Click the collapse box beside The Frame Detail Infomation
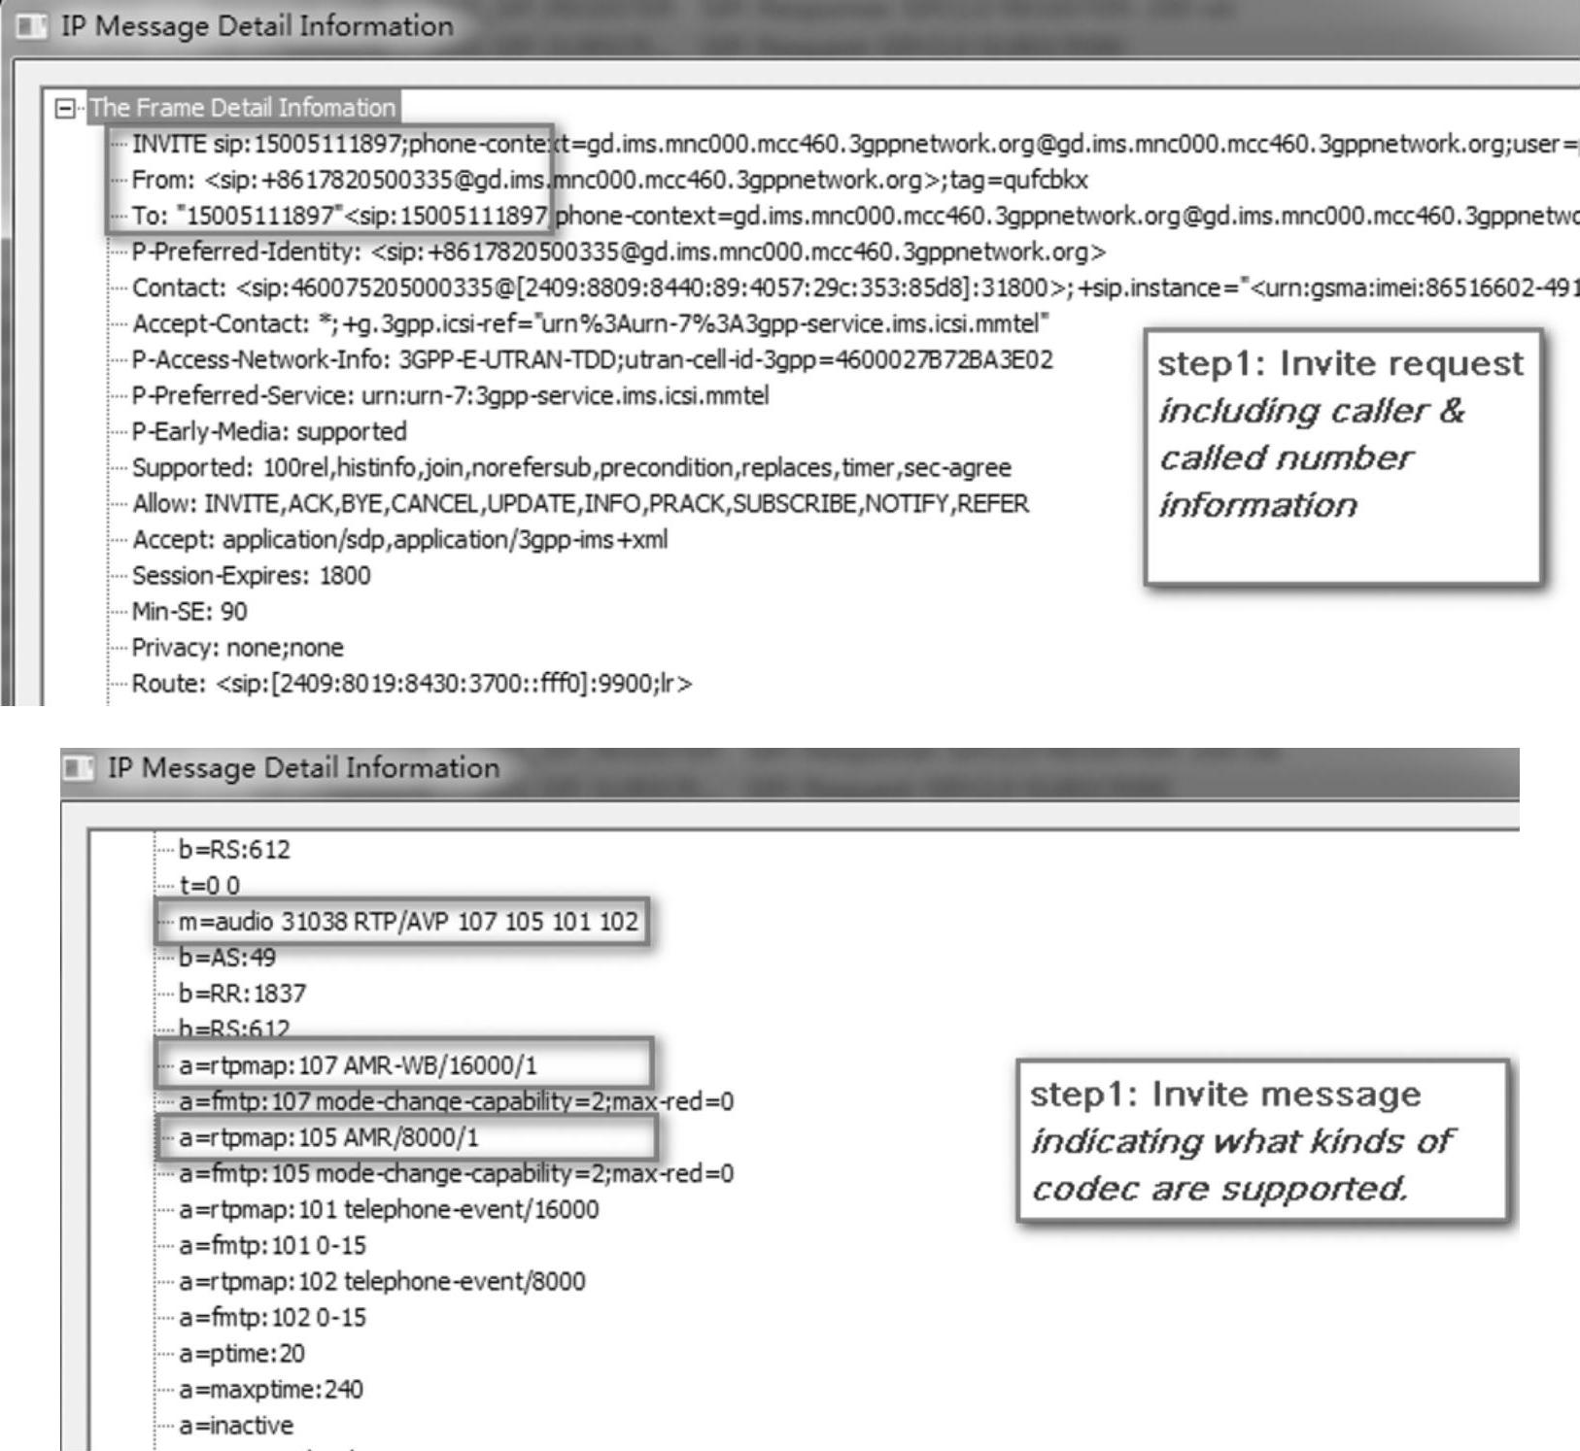(x=65, y=108)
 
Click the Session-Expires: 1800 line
(x=251, y=576)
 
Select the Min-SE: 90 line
(x=189, y=612)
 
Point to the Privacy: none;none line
(x=237, y=648)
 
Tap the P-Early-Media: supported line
(x=269, y=431)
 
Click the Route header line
(x=412, y=684)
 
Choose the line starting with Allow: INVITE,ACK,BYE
(x=580, y=504)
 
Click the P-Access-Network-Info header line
(x=592, y=360)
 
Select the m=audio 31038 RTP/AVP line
(x=408, y=922)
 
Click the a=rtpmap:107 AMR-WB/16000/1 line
(x=358, y=1065)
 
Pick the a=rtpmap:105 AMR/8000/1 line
(x=328, y=1137)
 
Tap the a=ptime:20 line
(x=242, y=1353)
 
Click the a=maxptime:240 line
(x=270, y=1389)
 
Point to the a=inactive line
(x=236, y=1425)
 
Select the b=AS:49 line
(x=227, y=958)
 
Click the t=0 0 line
(x=209, y=886)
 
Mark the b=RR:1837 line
(x=242, y=994)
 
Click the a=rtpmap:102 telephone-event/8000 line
(x=382, y=1281)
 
